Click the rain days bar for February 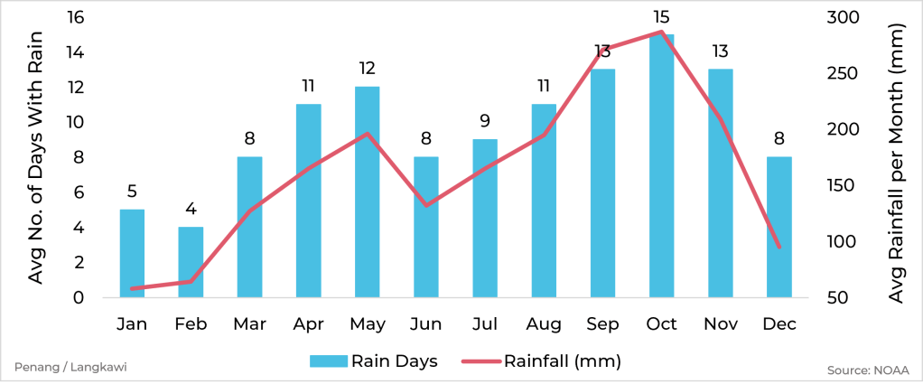coord(191,262)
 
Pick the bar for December coord(778,227)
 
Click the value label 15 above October coord(661,17)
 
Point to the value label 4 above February coord(191,209)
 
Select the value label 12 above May coord(367,69)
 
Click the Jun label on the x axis coord(425,323)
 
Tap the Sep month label coord(602,323)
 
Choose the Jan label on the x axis coord(132,323)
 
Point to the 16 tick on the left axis coord(75,17)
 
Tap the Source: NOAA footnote coord(867,370)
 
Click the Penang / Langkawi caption coord(57,367)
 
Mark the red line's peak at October coord(661,32)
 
